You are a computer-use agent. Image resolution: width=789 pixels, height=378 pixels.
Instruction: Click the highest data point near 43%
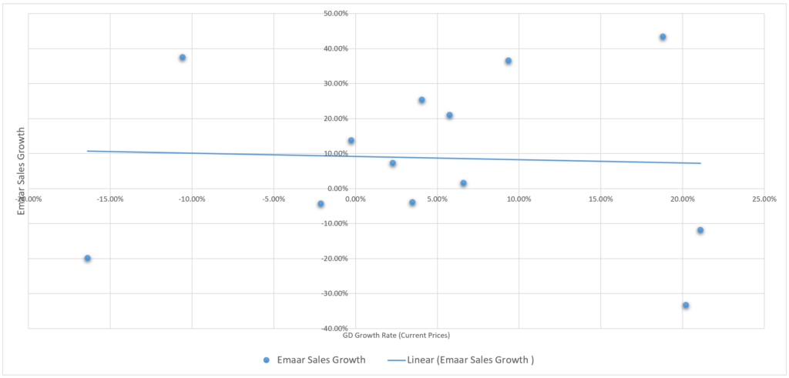click(x=663, y=37)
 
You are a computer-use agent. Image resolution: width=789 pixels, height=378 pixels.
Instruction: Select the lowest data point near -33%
click(x=686, y=306)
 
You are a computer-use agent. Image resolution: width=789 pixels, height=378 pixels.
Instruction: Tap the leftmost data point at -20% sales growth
click(x=88, y=259)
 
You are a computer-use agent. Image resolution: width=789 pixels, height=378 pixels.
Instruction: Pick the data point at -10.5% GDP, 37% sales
click(x=183, y=58)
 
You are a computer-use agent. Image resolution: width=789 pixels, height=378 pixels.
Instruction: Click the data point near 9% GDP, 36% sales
click(x=509, y=61)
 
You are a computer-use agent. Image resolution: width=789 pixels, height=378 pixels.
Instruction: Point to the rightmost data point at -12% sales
click(x=700, y=230)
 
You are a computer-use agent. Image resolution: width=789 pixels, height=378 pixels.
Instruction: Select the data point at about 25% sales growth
click(x=421, y=100)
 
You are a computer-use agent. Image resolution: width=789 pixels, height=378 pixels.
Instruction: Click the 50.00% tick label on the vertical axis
click(x=337, y=14)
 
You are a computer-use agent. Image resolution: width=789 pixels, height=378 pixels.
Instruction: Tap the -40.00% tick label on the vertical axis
click(x=336, y=329)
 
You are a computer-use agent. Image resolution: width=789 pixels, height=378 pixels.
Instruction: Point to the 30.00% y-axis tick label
click(x=337, y=84)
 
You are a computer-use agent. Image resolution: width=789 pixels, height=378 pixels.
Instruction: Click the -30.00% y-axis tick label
click(x=336, y=293)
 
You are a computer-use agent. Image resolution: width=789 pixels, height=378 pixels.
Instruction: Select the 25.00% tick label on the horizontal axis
click(x=764, y=199)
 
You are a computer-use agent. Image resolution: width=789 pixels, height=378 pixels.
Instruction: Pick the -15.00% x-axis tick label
click(x=109, y=199)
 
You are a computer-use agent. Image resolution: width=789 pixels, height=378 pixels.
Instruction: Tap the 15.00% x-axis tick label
click(x=600, y=199)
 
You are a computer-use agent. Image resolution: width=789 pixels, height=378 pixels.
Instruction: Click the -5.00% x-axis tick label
click(x=274, y=199)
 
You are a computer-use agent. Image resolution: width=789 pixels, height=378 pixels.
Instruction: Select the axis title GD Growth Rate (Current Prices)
click(x=396, y=336)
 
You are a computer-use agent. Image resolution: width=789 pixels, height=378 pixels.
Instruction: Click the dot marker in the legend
click(x=267, y=360)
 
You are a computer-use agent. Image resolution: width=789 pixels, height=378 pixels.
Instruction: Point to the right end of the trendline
click(x=700, y=163)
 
